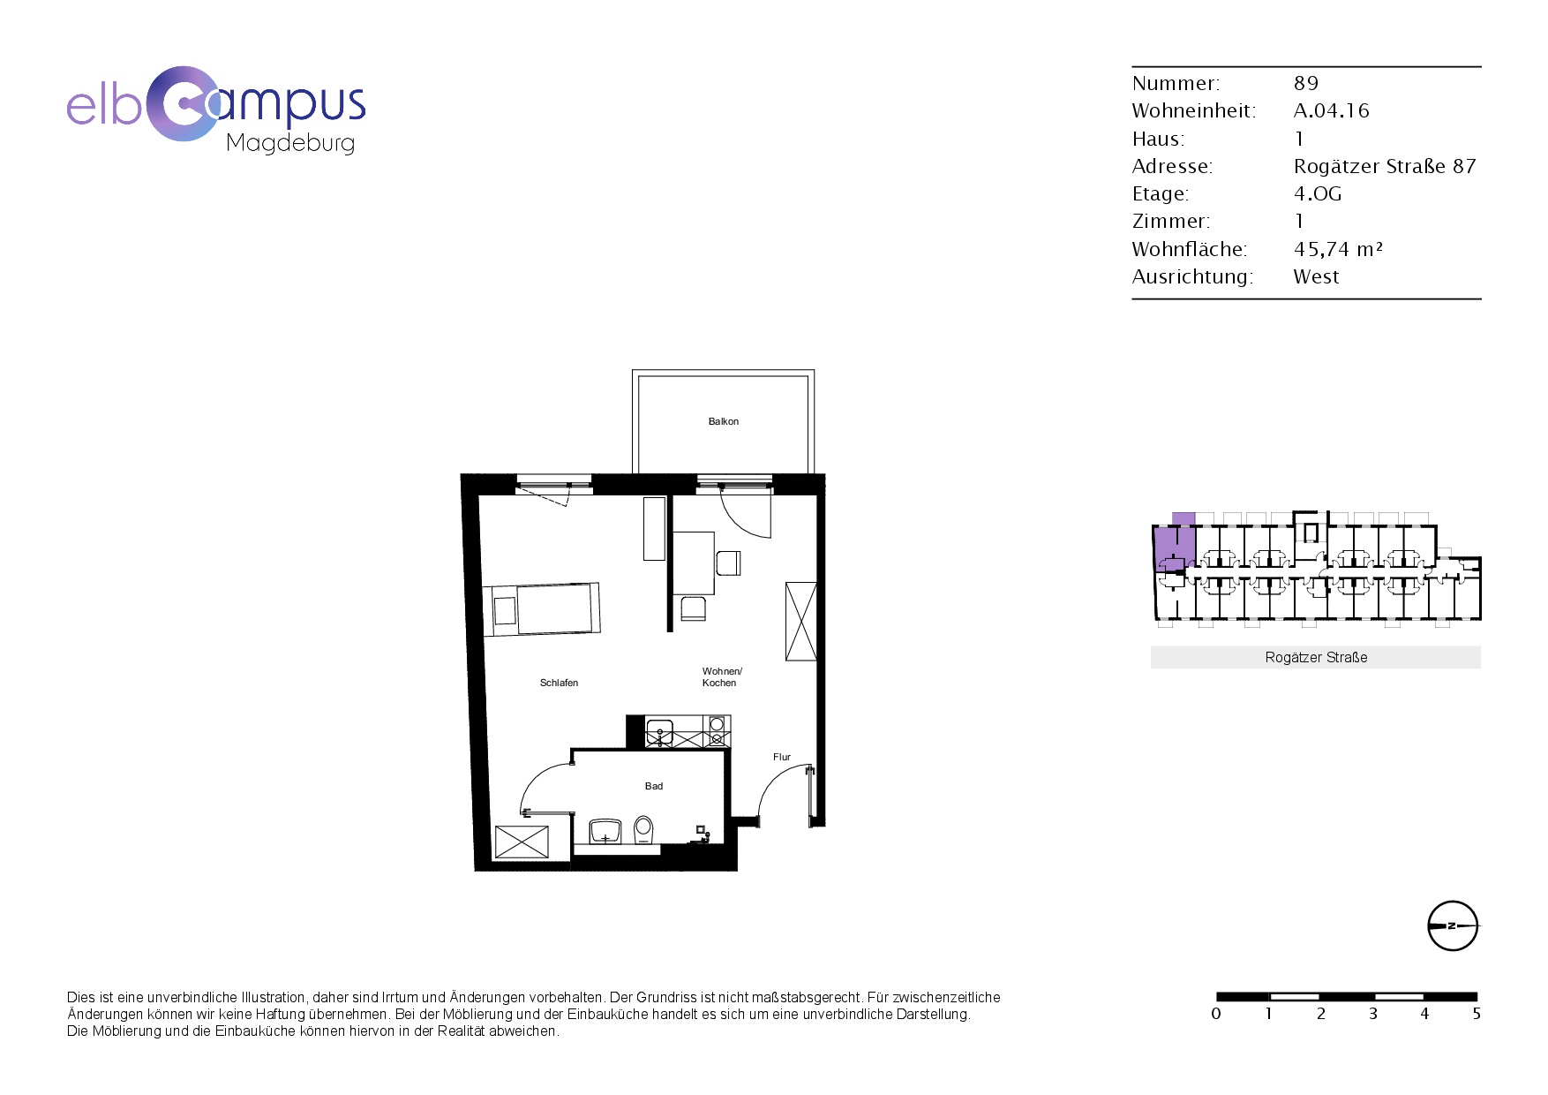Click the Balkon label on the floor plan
pos(723,421)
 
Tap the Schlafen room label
pos(559,683)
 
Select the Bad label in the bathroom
pos(653,786)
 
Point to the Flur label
pos(782,757)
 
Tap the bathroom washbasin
pos(605,831)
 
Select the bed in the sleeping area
pos(541,608)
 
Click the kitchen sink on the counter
pos(659,732)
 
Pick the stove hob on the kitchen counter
pos(717,732)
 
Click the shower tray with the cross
pos(522,842)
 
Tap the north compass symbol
pos(1452,926)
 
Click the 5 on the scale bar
pos(1477,1014)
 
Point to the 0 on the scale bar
pos(1216,1014)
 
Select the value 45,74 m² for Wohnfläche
pos(1338,249)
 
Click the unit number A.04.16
pos(1331,110)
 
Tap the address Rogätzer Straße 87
pos(1384,166)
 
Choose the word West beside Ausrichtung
pos(1316,276)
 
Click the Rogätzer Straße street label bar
pos(1316,657)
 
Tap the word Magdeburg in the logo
pos(290,143)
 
